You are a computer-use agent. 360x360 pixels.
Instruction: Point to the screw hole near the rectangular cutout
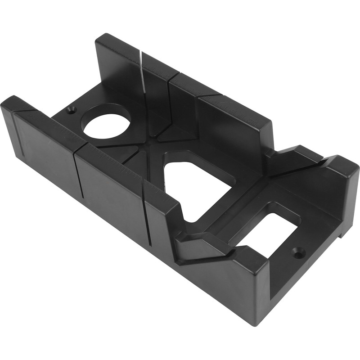[x=298, y=253]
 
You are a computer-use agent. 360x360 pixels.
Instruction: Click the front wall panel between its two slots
[x=110, y=184]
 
